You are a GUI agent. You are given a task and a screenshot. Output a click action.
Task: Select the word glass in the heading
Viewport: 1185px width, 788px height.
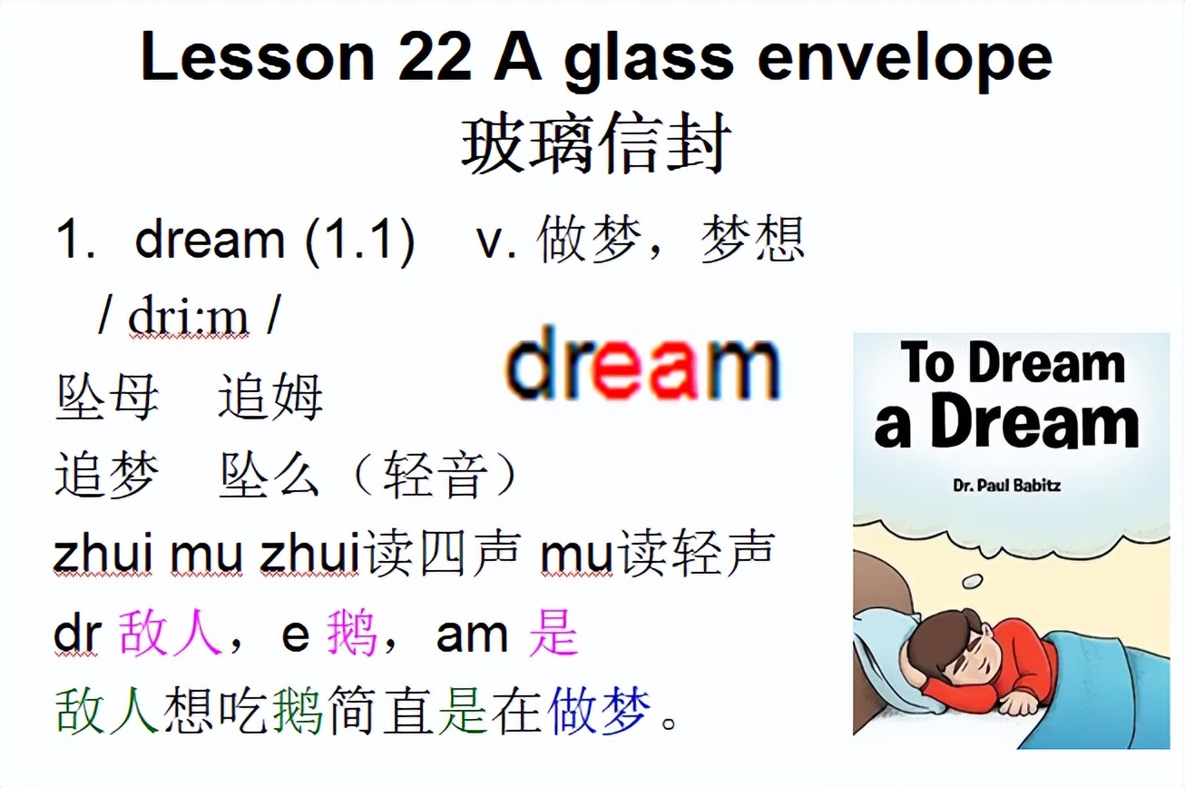point(649,60)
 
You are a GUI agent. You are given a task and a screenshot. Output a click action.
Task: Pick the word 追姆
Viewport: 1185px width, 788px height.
point(270,398)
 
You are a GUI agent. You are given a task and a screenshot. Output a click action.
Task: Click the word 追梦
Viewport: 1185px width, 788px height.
point(107,475)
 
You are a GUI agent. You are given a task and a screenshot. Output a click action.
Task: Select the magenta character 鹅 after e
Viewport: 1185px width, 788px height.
point(352,633)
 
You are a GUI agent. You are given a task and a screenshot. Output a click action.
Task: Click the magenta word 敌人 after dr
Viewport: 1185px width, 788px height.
point(170,633)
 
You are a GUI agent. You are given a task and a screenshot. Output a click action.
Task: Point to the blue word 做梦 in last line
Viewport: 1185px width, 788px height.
point(599,711)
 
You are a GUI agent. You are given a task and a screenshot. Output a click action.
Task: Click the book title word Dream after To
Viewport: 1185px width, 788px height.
point(1046,365)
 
